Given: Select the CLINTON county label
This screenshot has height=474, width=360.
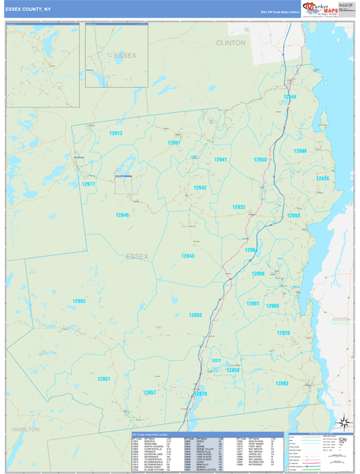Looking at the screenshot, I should coord(231,43).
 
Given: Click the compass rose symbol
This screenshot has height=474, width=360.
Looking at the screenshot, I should coord(343,423).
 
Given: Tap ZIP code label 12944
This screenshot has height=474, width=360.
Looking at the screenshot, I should coord(290,97).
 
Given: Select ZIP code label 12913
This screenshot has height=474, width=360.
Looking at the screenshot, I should coord(116,134).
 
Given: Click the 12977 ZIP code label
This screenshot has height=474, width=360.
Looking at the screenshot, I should coord(88,184).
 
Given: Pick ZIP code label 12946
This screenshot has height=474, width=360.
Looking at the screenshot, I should coord(122,215).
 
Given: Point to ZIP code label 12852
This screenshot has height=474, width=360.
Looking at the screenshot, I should coord(79,301).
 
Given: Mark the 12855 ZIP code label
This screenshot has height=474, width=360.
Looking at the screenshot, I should coord(195,315).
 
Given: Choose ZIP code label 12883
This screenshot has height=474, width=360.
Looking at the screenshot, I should coord(280,383).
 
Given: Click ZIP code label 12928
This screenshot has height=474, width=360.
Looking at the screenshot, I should coord(283,333).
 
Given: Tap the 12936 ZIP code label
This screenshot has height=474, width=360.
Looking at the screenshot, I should coord(322,179).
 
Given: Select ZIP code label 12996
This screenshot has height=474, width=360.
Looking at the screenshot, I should coord(300,151).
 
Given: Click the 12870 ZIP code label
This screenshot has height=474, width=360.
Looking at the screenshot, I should coord(201,393).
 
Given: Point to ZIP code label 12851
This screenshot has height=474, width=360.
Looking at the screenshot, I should coord(103,378).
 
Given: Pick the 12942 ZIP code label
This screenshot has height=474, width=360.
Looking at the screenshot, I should coord(201,188).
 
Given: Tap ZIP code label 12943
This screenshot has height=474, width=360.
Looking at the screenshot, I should coord(188,256).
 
